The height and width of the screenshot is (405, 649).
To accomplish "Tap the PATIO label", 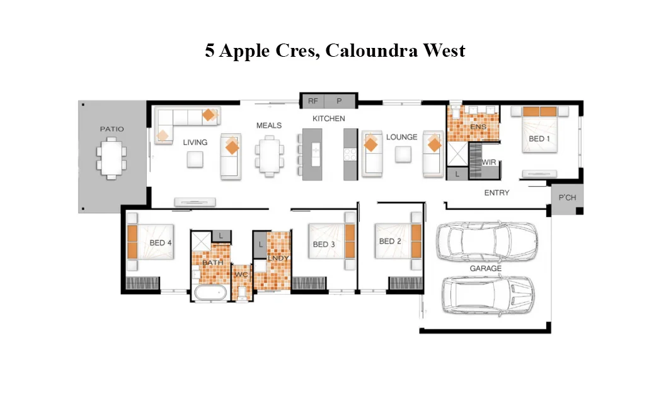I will pos(112,129).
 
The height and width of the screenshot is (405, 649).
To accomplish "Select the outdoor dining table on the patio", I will pos(112,158).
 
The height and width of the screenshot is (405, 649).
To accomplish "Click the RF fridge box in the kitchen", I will pos(313,101).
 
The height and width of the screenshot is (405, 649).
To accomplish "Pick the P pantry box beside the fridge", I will pos(339,101).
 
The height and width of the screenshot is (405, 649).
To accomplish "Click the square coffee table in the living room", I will pos(195,160).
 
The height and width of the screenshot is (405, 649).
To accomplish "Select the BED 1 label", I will pos(539,139).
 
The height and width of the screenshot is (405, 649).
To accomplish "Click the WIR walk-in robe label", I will pos(489,162).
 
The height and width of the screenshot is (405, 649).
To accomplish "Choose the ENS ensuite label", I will pos(478,127).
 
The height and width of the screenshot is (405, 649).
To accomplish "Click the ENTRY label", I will pos(497,193).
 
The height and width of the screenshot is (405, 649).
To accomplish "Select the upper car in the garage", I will pos(486,242).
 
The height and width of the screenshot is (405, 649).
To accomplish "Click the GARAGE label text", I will pos(486,269).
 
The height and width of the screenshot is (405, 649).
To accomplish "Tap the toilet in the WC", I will pos(241,291).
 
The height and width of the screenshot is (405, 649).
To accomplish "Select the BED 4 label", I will pos(161,243).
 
